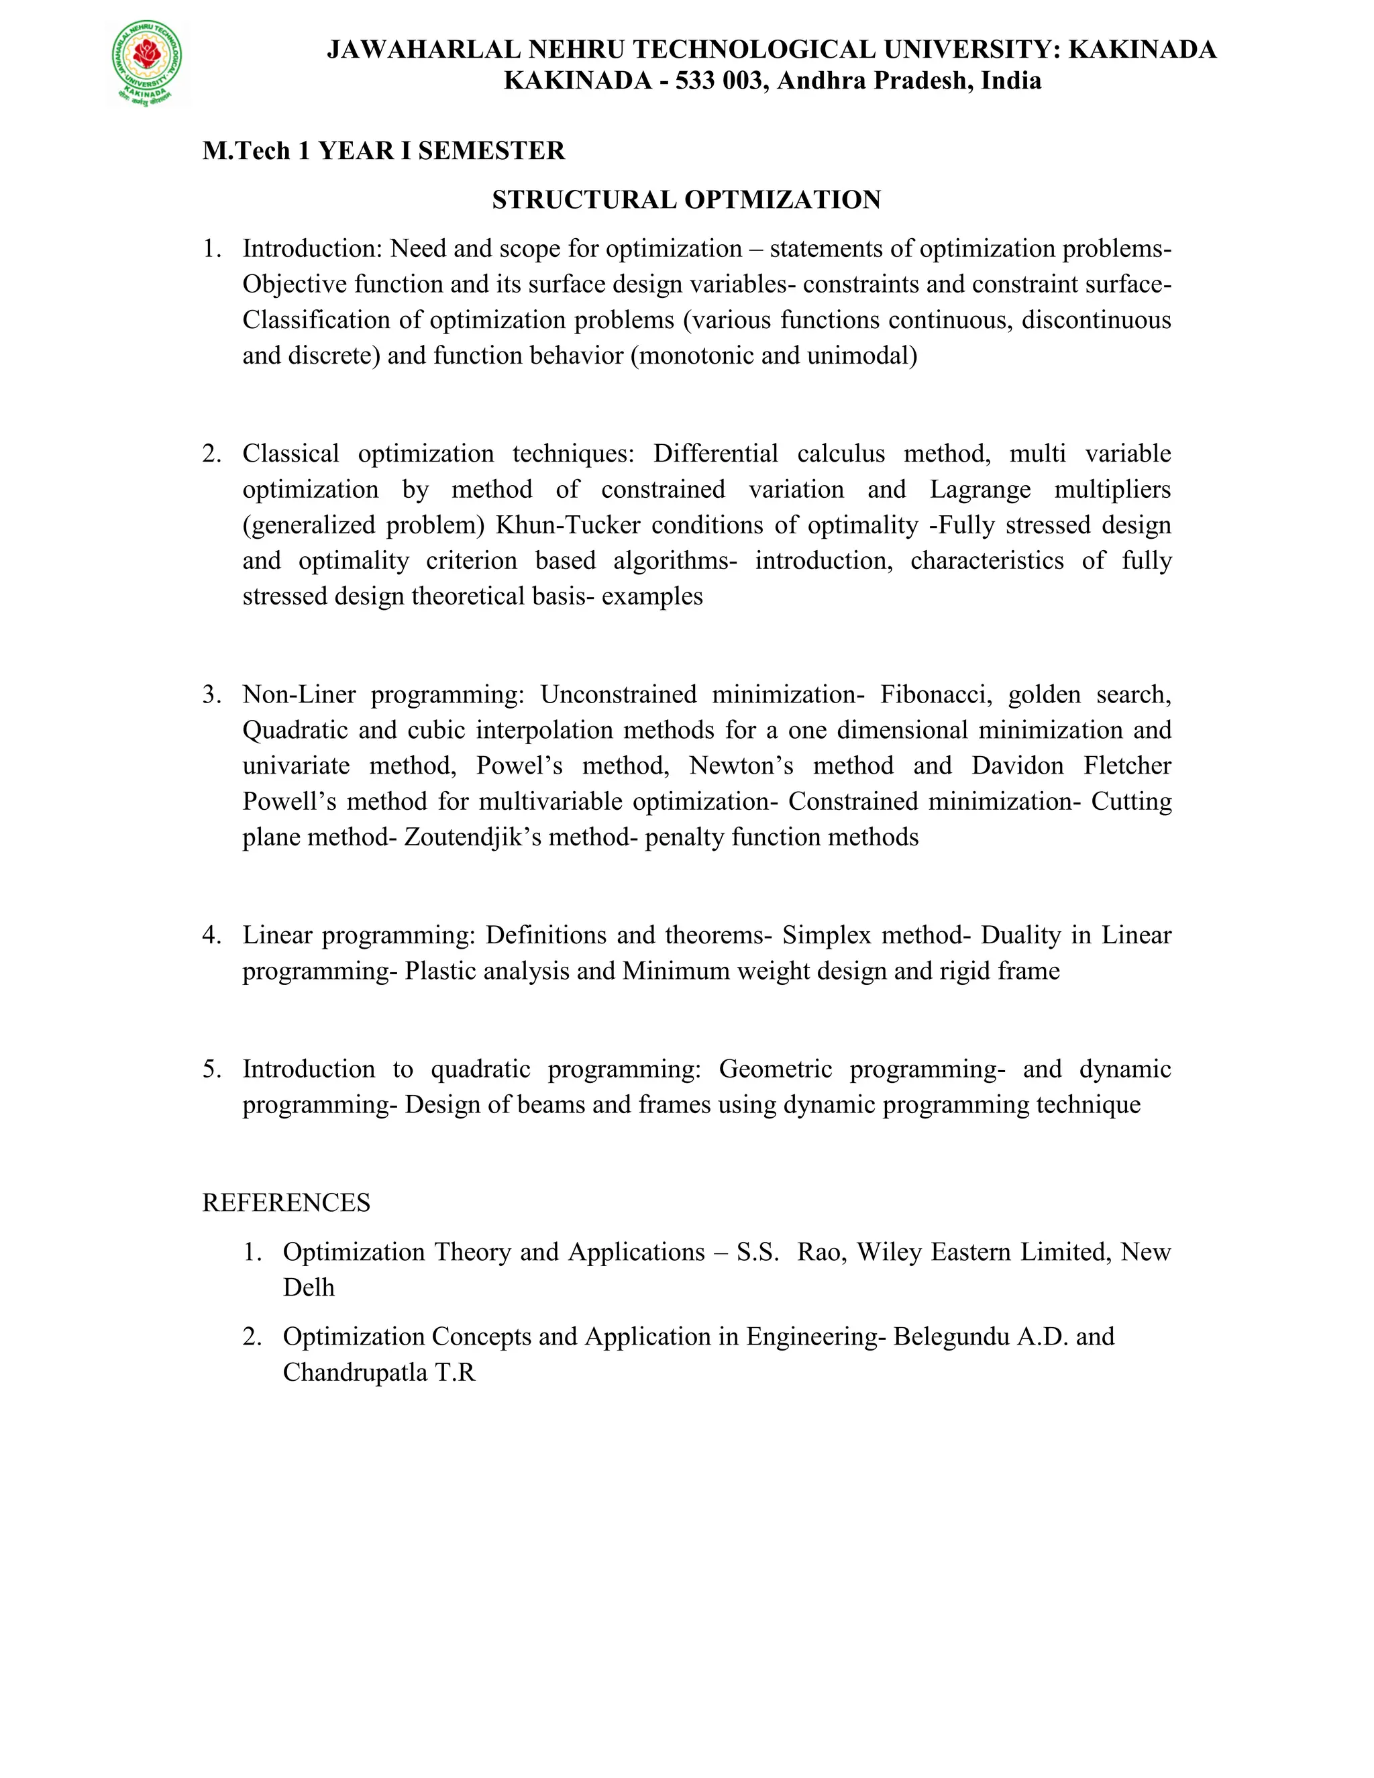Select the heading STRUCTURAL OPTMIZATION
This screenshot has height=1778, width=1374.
point(686,199)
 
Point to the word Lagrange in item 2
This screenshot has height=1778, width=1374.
point(980,489)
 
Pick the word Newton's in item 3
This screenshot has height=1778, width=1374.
point(741,766)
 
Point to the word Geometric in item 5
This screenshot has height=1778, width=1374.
point(775,1069)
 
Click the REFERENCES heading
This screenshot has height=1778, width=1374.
point(286,1202)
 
